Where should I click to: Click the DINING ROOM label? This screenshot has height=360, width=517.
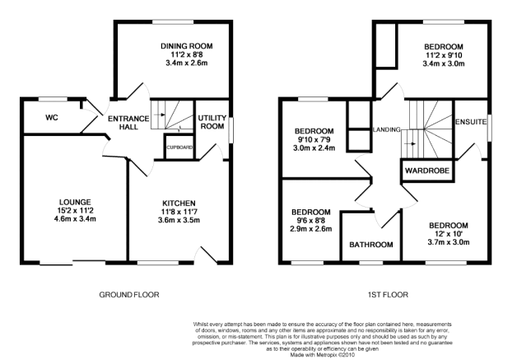187,46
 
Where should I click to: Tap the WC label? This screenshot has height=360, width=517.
52,118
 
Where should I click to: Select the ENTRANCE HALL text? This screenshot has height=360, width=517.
128,123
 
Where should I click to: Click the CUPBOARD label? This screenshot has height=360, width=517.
179,147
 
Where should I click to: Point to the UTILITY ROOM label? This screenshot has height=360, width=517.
212,122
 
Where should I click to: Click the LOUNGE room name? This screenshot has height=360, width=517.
75,202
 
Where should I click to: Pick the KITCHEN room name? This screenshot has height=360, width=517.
179,203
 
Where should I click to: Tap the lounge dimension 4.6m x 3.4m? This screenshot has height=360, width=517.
75,218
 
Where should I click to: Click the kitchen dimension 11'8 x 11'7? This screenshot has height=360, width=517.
179,212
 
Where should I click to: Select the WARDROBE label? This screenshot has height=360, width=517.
427,171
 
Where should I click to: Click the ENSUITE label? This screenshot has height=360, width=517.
471,122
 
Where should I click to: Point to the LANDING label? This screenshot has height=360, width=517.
386,129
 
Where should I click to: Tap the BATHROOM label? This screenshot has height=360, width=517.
371,245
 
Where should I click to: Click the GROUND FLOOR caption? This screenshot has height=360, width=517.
129,294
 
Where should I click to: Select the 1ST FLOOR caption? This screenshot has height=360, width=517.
388,294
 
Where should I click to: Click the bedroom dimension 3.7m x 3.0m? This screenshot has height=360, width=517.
449,242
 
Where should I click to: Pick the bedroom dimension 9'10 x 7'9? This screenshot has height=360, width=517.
314,139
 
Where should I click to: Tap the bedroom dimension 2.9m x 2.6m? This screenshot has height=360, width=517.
311,228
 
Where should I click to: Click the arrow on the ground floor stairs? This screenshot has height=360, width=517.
161,115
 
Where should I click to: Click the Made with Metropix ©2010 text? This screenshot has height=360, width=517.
322,355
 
